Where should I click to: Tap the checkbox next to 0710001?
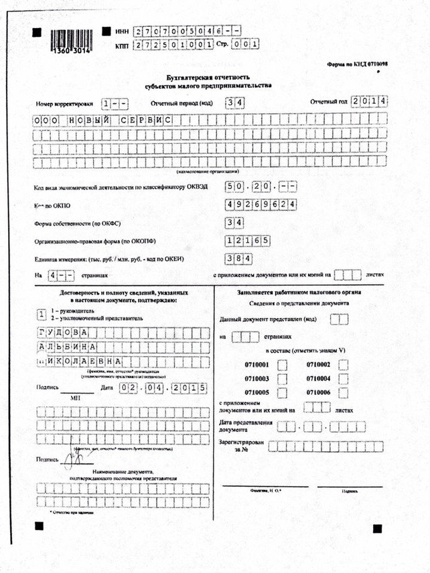pos(282,365)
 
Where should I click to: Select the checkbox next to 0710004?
pos(344,378)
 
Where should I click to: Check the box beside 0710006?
pos(344,392)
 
